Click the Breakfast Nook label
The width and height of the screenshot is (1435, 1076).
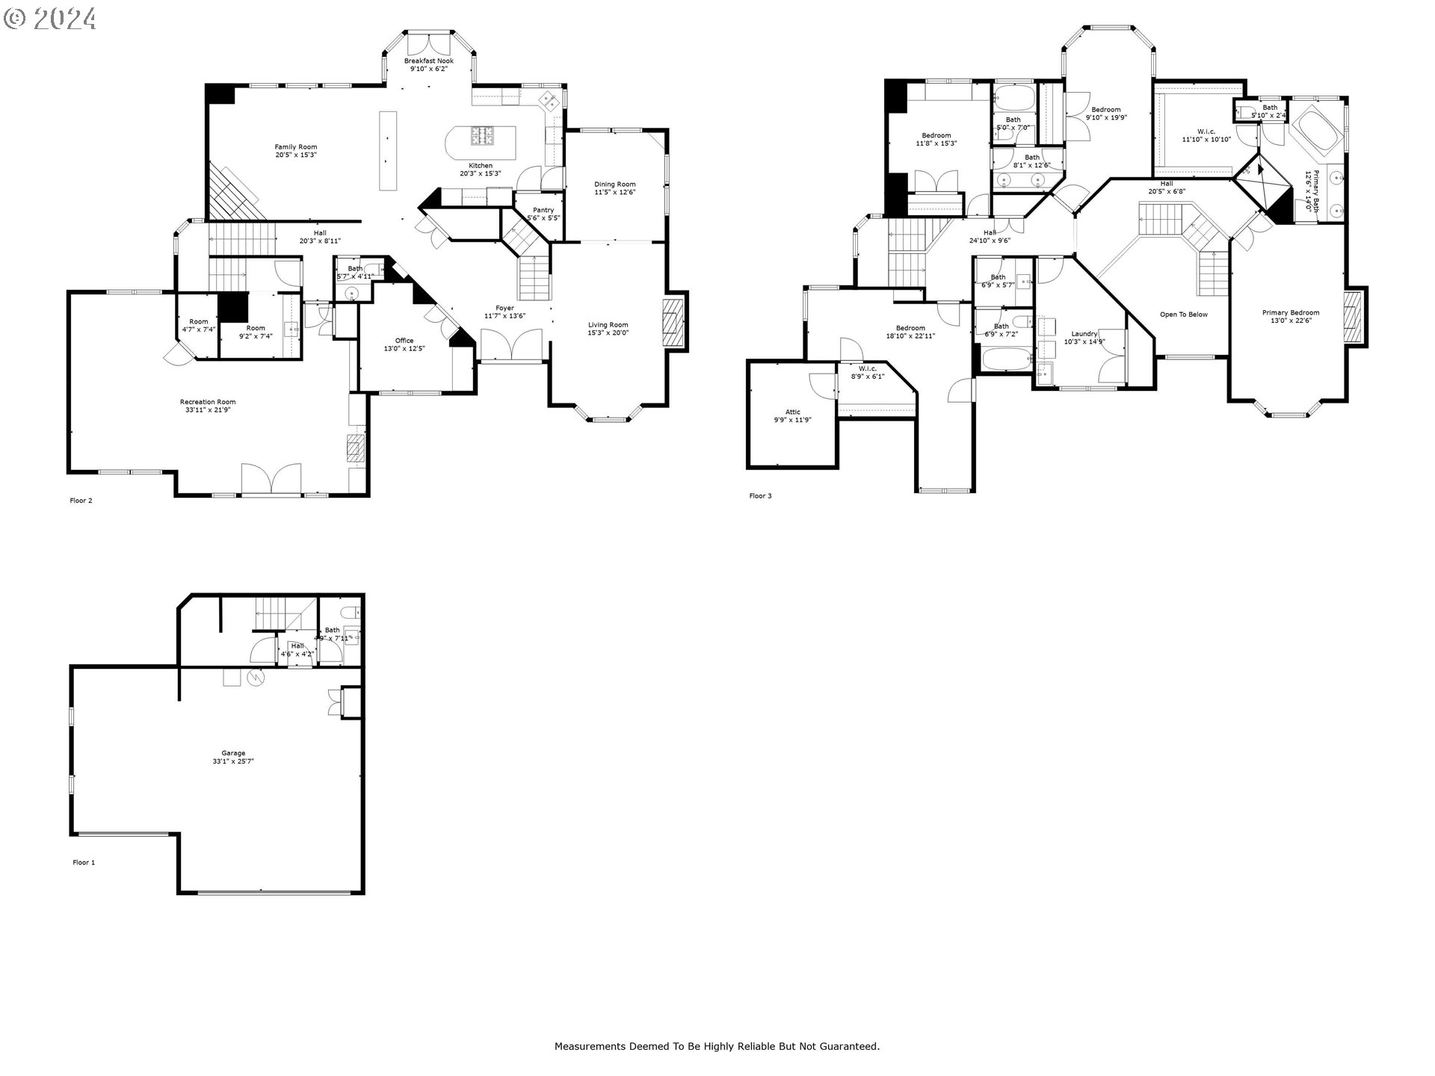[429, 61]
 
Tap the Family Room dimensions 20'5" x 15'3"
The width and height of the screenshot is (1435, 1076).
[296, 155]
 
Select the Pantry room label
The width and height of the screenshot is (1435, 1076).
[543, 210]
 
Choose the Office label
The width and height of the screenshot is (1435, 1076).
[404, 341]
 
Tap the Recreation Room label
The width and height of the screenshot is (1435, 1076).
[208, 402]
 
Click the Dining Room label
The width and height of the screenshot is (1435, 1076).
[615, 185]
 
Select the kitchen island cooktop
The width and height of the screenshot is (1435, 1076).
[481, 135]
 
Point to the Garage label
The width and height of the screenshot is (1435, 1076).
[233, 753]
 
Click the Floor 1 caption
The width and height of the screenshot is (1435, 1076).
[84, 862]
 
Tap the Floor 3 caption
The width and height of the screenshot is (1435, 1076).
[760, 496]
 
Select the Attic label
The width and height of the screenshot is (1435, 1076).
[793, 412]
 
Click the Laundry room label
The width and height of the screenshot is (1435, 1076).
[1084, 334]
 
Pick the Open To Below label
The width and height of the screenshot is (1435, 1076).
[1183, 315]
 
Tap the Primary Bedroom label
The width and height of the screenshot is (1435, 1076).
[1291, 313]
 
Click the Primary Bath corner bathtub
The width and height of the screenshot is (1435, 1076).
[1317, 135]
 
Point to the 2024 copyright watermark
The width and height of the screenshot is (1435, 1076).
[50, 18]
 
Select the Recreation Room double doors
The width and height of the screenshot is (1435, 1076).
[271, 479]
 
